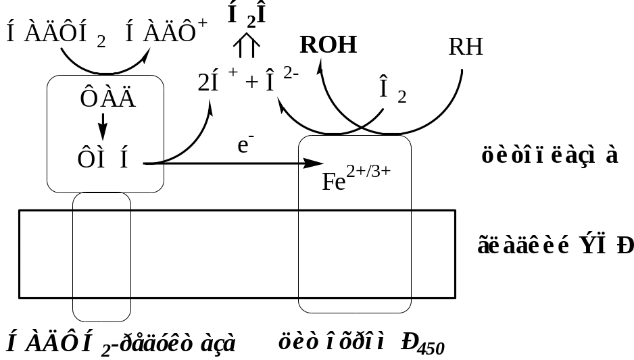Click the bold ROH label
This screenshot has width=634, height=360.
pos(328,45)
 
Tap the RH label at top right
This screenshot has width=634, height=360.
pos(466,47)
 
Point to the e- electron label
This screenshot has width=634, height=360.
pos(245,146)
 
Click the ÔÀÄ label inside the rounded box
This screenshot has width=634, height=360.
pos(108,99)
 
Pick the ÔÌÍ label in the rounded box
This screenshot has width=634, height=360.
pos(103,159)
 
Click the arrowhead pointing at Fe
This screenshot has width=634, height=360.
pos(314,163)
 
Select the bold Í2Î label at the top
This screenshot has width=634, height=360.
pos(246,16)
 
